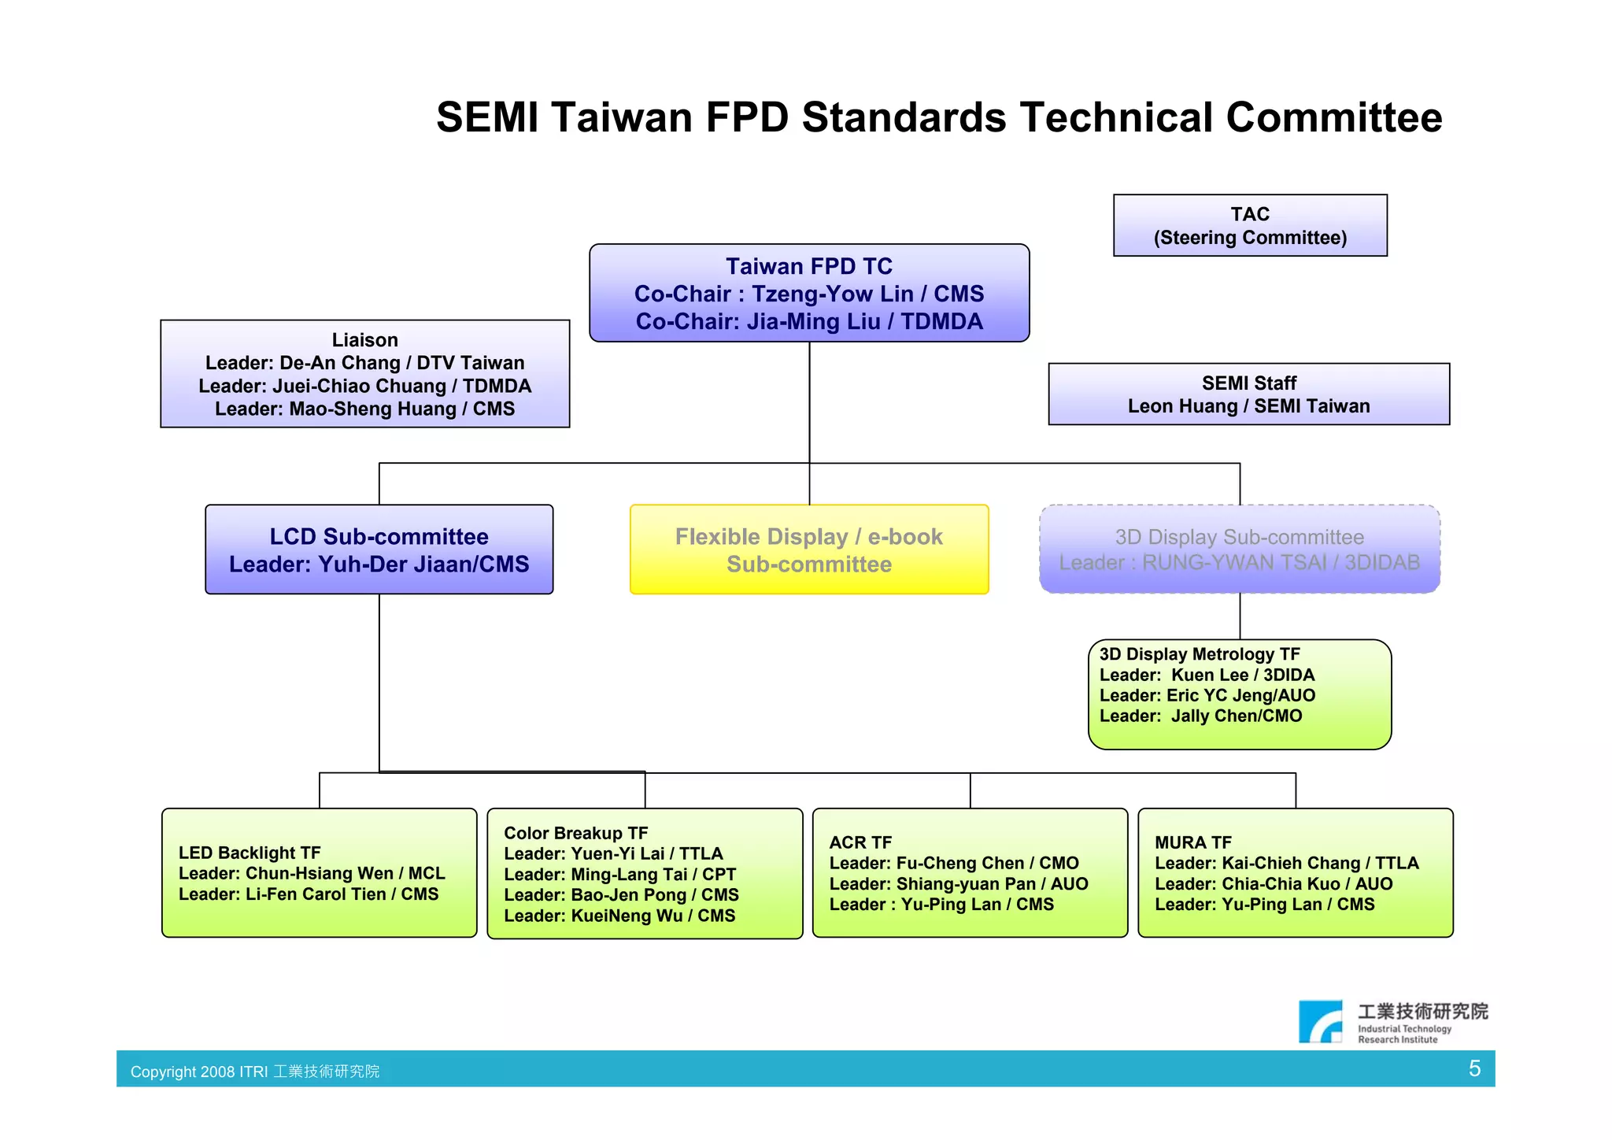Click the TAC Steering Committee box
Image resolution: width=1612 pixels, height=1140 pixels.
point(1249,225)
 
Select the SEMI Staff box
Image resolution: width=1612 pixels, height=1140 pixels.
point(1248,394)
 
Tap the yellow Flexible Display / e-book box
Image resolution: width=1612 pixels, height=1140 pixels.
point(808,550)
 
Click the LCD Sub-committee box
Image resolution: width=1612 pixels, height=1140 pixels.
point(379,550)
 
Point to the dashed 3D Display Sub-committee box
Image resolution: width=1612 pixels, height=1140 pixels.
point(1239,550)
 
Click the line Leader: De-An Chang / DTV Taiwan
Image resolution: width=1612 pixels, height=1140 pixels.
point(364,363)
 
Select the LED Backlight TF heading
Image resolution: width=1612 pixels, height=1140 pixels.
point(250,853)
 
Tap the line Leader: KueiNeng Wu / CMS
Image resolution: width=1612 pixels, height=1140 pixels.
point(619,916)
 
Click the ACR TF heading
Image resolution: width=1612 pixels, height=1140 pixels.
point(860,842)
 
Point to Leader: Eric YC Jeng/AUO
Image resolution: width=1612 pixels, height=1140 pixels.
point(1207,696)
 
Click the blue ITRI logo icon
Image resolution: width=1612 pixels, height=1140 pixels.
point(1320,1022)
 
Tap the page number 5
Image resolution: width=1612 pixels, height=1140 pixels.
point(1474,1068)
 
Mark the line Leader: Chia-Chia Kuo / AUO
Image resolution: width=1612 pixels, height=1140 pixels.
point(1273,884)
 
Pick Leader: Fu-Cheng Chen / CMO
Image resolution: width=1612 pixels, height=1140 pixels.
point(953,864)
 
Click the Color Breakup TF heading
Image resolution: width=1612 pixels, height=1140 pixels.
point(575,833)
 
